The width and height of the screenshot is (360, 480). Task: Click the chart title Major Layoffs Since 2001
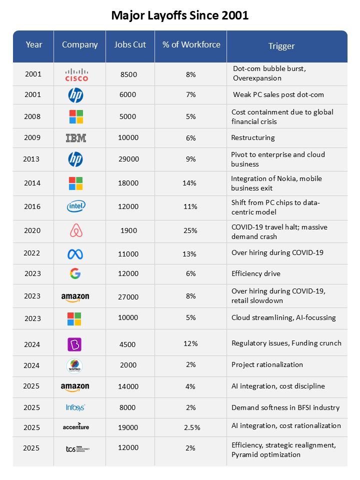[179, 15]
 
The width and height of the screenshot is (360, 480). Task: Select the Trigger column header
[281, 46]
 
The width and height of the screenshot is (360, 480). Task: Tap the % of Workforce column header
[191, 44]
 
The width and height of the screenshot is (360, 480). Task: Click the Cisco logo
[76, 74]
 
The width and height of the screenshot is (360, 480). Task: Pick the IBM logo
[76, 138]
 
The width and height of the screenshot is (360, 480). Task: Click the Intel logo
[76, 206]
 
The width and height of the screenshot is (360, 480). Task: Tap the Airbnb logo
[75, 230]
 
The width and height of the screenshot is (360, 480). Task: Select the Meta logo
[75, 254]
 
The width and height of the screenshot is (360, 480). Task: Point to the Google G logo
[75, 273]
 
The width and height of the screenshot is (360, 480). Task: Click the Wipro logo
[74, 365]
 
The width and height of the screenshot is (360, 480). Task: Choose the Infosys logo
[75, 407]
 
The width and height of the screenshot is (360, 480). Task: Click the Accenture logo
[76, 426]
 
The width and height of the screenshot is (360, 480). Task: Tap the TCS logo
[77, 448]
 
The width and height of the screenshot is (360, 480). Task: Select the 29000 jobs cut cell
[129, 159]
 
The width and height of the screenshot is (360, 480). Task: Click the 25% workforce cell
[190, 230]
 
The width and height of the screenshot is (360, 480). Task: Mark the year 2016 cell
[32, 206]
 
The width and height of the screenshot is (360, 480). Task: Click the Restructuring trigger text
[252, 137]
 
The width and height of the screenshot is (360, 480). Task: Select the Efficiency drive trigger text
[255, 273]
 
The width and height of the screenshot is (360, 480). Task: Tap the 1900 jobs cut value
[129, 230]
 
